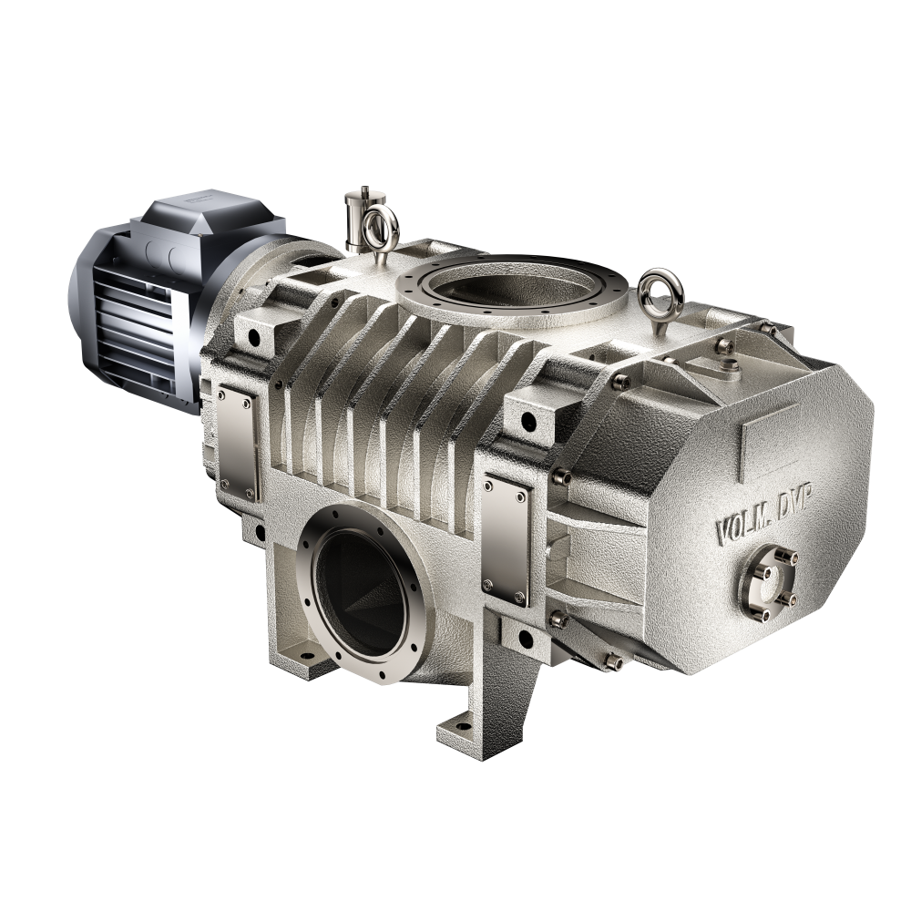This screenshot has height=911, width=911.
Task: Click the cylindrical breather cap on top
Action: tap(355, 217)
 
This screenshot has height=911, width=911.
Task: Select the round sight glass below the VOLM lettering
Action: tap(766, 581)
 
